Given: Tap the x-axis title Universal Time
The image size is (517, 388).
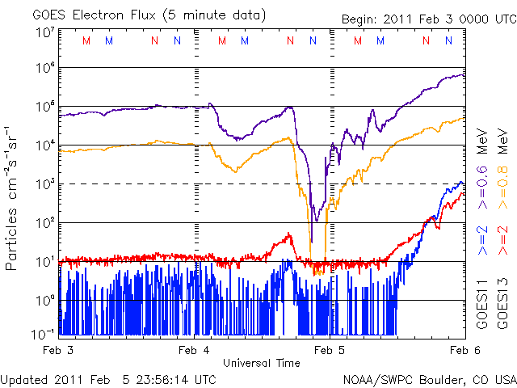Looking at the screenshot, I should tap(261, 363).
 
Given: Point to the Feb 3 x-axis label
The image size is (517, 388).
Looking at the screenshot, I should tap(58, 350).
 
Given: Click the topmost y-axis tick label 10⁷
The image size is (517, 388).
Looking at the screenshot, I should tap(44, 32).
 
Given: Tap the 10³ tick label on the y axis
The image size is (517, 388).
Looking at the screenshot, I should tap(44, 184).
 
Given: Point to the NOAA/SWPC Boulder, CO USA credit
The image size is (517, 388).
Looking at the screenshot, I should tap(429, 379).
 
